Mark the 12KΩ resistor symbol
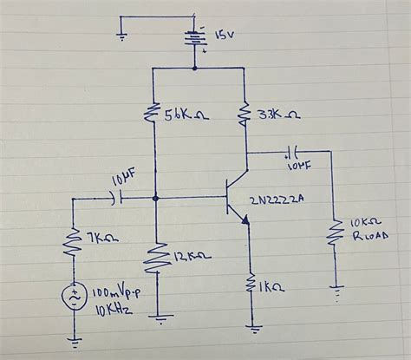[156, 259]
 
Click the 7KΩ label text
[99, 237]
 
